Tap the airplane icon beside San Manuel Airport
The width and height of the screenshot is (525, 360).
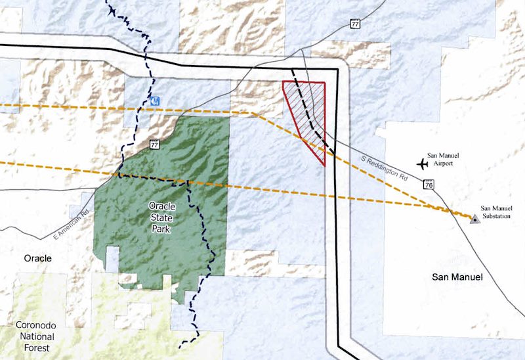pos(423,162)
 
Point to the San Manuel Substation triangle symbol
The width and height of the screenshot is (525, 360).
pos(474,217)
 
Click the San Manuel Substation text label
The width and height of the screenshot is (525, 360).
pos(495,212)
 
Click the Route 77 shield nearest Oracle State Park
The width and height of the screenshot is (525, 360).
pos(155,144)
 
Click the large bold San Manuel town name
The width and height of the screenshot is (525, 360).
pos(457,277)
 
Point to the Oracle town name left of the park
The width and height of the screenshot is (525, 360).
pos(37,258)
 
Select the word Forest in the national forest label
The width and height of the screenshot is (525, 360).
pos(37,348)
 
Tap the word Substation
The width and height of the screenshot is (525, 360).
pos(495,216)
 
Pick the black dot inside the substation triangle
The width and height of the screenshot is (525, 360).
pos(474,218)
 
